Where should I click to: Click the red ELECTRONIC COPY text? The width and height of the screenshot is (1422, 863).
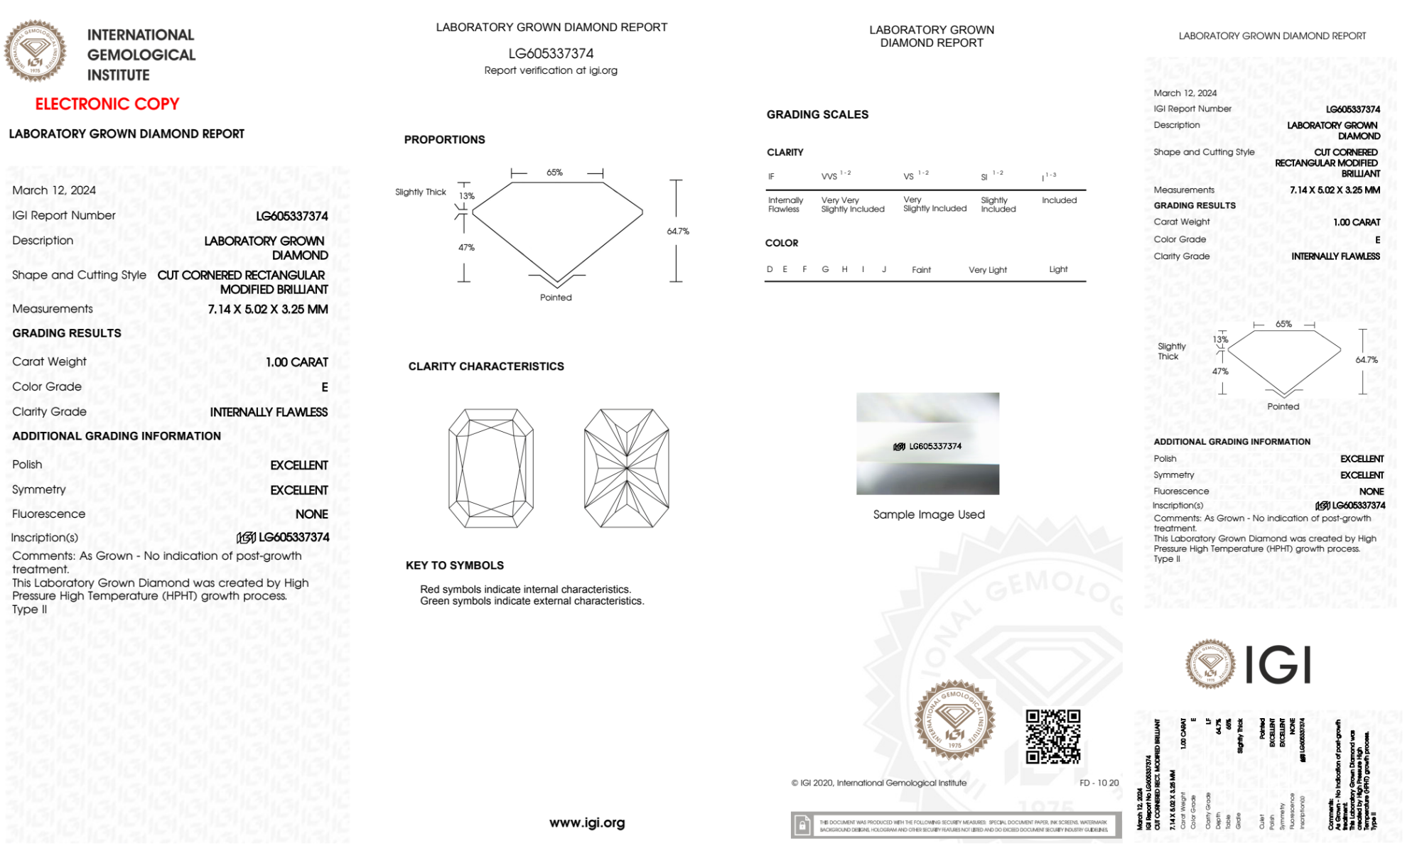pyautogui.click(x=107, y=104)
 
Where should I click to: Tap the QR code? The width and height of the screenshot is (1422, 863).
pyautogui.click(x=1052, y=737)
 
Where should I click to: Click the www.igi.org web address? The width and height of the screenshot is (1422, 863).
pyautogui.click(x=587, y=823)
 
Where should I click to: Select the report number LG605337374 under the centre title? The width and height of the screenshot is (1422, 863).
pyautogui.click(x=551, y=53)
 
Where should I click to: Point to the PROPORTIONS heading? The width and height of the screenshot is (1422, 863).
pyautogui.click(x=444, y=140)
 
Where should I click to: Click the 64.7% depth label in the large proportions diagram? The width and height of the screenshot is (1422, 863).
pyautogui.click(x=678, y=232)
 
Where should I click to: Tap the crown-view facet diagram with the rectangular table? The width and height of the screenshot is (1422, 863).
pyautogui.click(x=491, y=468)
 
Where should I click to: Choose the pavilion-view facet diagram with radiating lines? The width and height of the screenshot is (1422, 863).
pyautogui.click(x=626, y=468)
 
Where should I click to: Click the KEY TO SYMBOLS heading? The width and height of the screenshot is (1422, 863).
pyautogui.click(x=455, y=565)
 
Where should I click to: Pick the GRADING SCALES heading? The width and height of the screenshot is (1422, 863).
pyautogui.click(x=817, y=114)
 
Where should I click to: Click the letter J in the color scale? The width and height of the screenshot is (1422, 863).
pyautogui.click(x=884, y=269)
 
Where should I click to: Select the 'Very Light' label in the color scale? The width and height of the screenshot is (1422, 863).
pyautogui.click(x=987, y=270)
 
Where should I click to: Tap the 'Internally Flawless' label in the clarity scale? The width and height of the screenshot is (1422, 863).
pyautogui.click(x=785, y=205)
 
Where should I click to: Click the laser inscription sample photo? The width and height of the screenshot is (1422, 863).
pyautogui.click(x=927, y=443)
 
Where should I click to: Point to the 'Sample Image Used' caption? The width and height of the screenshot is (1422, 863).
pyautogui.click(x=929, y=514)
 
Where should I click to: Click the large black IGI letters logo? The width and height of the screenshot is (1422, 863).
pyautogui.click(x=1278, y=666)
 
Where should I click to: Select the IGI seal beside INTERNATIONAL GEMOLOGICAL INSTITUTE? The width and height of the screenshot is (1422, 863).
pyautogui.click(x=35, y=51)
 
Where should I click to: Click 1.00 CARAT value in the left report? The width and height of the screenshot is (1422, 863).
pyautogui.click(x=297, y=362)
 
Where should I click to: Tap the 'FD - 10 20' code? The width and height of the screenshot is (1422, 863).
pyautogui.click(x=1099, y=783)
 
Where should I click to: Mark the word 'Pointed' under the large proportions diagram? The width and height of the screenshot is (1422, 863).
pyautogui.click(x=556, y=298)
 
